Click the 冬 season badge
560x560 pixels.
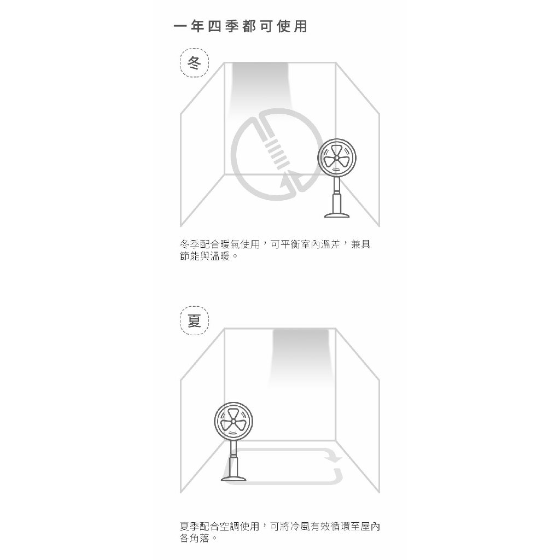pos(194,63)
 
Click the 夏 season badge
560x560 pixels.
pos(194,320)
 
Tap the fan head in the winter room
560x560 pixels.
pos(337,158)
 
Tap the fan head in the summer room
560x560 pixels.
pos(234,422)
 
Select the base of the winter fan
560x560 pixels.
pos(337,215)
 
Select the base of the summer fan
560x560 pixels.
pos(234,478)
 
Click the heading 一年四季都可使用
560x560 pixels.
pos(241,26)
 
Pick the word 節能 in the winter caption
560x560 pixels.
pos(190,256)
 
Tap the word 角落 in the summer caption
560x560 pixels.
pos(200,538)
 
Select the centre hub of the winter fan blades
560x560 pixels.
pos(337,158)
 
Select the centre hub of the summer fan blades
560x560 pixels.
pos(234,422)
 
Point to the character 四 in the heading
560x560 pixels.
pos(214,26)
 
